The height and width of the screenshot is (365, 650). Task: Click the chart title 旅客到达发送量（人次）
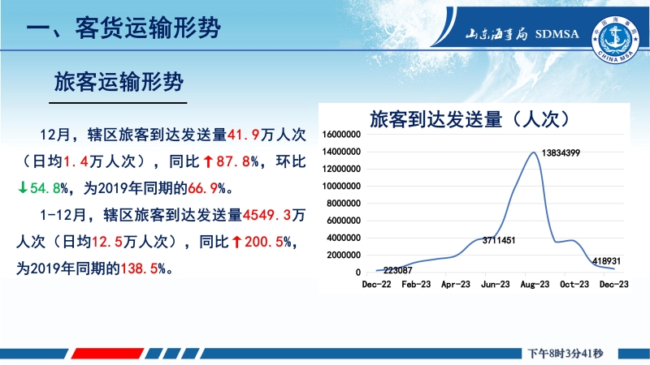click(x=470, y=119)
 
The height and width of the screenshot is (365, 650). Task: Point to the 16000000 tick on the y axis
click(x=341, y=135)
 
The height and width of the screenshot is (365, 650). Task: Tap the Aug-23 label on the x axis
click(x=535, y=285)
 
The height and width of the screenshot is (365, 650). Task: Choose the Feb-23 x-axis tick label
click(x=416, y=285)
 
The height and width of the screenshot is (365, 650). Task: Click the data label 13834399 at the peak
click(x=561, y=153)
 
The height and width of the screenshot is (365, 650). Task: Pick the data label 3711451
click(x=499, y=240)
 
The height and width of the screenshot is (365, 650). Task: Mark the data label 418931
click(x=606, y=261)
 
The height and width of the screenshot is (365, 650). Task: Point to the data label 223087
click(x=398, y=270)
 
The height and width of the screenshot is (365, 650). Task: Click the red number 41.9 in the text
click(x=244, y=135)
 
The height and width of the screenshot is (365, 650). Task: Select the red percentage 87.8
click(x=233, y=161)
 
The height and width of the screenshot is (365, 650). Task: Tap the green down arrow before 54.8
click(x=23, y=188)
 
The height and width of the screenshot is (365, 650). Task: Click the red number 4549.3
click(x=267, y=215)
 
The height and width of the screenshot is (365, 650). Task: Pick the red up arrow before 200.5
click(x=236, y=242)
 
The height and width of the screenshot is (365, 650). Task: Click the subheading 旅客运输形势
click(x=119, y=82)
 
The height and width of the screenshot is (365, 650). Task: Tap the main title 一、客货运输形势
click(x=123, y=28)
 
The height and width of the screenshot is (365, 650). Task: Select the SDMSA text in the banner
click(x=557, y=34)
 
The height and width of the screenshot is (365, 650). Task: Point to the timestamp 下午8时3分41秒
click(x=565, y=354)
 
